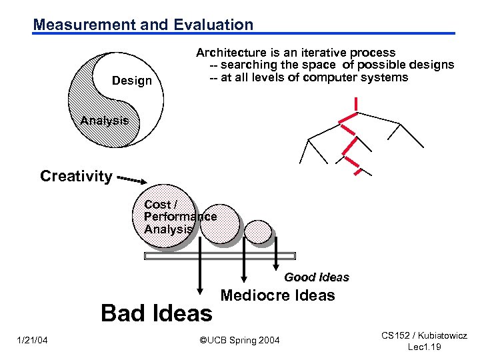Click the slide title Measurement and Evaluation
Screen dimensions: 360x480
click(x=143, y=25)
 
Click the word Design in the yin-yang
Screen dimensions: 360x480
click(x=132, y=81)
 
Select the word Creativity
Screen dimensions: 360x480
click(x=75, y=176)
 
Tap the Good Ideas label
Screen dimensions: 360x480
click(x=316, y=277)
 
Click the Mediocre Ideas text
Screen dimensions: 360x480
click(x=277, y=295)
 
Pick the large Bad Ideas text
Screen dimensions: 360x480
click(x=156, y=313)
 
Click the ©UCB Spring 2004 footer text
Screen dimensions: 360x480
click(x=240, y=341)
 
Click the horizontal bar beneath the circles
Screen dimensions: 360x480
click(x=219, y=255)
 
